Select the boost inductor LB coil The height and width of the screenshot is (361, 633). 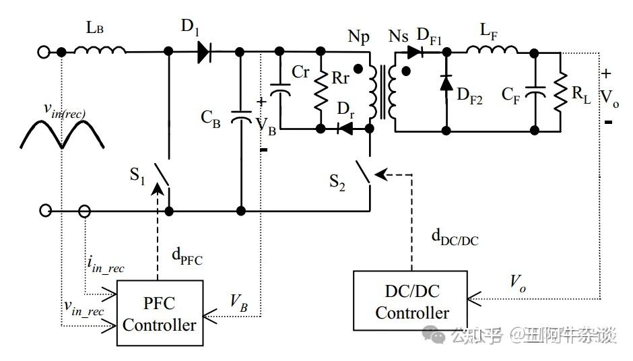(x=100, y=49)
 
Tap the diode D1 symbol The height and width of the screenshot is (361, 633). (x=205, y=52)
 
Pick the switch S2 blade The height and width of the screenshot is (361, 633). (x=362, y=172)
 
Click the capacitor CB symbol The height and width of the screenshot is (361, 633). (x=241, y=117)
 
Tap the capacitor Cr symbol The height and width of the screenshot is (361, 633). (x=279, y=90)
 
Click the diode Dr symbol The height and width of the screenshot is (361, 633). (x=345, y=129)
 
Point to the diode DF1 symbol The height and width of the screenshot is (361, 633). (x=415, y=52)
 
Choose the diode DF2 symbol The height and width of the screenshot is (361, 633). (x=446, y=84)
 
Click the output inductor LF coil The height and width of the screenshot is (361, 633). (x=492, y=49)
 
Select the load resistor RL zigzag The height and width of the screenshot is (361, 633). (x=560, y=92)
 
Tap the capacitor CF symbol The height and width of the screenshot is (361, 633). (x=535, y=92)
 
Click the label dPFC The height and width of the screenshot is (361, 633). (x=187, y=257)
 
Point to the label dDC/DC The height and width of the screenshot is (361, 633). (x=455, y=238)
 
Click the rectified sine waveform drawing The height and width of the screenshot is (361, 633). (x=62, y=134)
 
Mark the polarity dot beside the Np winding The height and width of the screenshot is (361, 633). (x=358, y=69)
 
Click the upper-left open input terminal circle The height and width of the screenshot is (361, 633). (x=44, y=52)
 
